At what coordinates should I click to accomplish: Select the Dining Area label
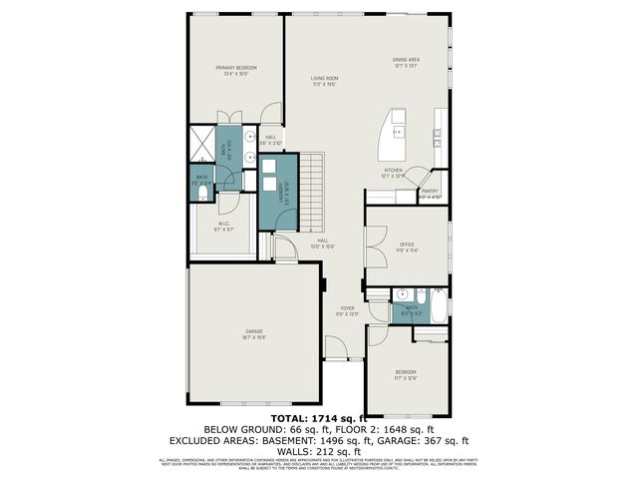click(406, 63)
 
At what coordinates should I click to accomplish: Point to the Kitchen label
click(393, 173)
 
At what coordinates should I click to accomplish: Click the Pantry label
click(430, 193)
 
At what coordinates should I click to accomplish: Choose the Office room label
click(407, 246)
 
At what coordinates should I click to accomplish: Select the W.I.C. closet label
click(223, 228)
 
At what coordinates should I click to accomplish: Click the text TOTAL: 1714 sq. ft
click(318, 419)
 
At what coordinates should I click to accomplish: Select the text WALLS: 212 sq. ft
click(318, 450)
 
